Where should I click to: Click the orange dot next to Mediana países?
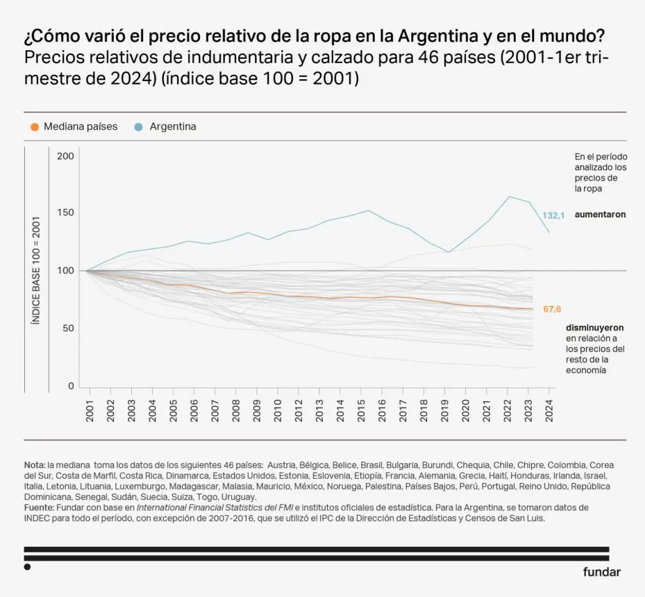tap(35, 127)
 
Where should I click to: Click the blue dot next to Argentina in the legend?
tap(139, 127)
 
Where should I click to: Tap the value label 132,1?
tap(553, 216)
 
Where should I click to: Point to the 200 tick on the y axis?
tap(65, 156)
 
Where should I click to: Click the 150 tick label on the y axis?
tap(65, 213)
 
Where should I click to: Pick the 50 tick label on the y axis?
tap(67, 328)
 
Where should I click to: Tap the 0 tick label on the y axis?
tap(70, 385)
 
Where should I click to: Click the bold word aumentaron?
tap(600, 215)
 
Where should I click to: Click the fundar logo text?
tap(601, 572)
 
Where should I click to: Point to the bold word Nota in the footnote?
tap(34, 464)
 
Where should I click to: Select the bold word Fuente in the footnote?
tap(39, 507)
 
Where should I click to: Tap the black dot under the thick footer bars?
tap(27, 567)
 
